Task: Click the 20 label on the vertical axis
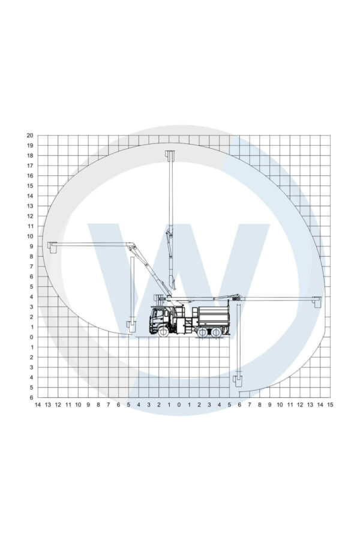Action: click(30, 136)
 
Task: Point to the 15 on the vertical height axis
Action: click(30, 186)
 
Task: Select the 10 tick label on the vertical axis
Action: click(30, 236)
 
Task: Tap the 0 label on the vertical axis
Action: click(31, 337)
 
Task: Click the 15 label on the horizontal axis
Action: click(330, 404)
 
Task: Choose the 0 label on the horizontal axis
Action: click(179, 404)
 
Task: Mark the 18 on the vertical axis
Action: click(30, 155)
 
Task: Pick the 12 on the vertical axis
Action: click(30, 216)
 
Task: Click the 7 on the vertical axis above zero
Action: click(31, 266)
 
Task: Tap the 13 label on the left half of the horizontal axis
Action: click(48, 404)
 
